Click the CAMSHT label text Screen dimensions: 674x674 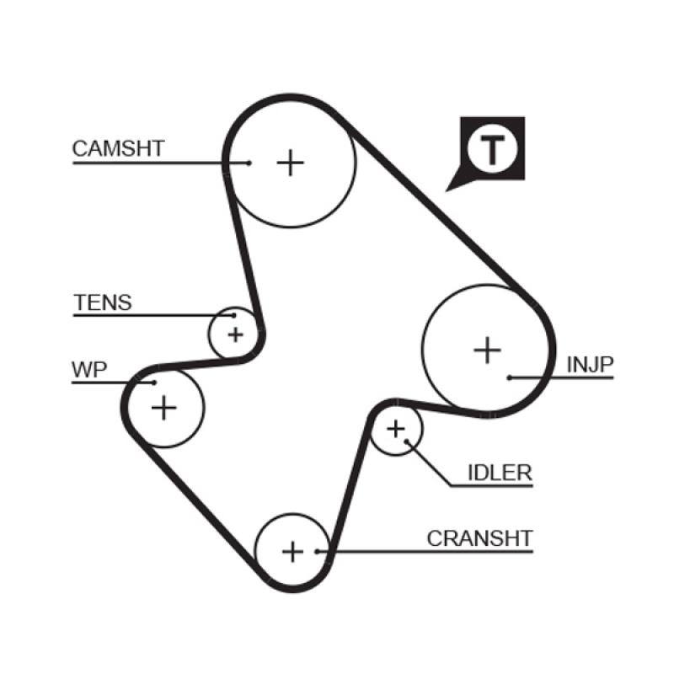[x=118, y=149]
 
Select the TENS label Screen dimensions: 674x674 [x=103, y=302]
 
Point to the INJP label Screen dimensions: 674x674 [x=590, y=364]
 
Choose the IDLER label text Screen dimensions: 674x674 [x=500, y=473]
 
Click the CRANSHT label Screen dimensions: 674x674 [x=480, y=538]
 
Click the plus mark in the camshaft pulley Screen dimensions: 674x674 [x=291, y=162]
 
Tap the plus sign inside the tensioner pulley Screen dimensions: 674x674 [x=235, y=334]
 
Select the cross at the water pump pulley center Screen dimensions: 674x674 [x=164, y=408]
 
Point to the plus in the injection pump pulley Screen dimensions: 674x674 [x=487, y=349]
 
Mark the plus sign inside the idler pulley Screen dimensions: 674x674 [x=395, y=430]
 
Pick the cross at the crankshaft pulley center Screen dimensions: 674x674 [x=292, y=552]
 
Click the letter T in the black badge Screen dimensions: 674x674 [x=492, y=149]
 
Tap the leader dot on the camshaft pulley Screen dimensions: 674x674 [x=249, y=162]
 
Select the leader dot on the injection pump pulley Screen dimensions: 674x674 [x=510, y=377]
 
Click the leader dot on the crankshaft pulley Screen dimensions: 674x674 [x=317, y=552]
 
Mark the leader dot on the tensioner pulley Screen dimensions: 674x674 [x=233, y=316]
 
